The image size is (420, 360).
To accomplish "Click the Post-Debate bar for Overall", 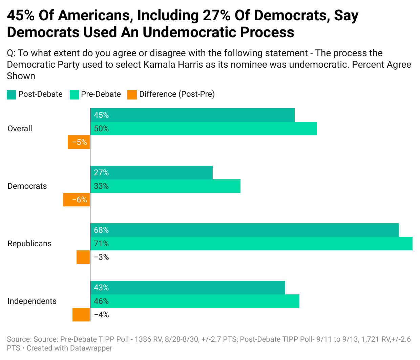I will (x=192, y=115).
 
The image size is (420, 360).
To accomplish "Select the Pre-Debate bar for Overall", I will (x=204, y=129).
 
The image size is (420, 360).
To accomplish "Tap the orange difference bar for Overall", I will (x=79, y=142).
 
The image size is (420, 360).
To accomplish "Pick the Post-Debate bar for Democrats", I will (x=151, y=173).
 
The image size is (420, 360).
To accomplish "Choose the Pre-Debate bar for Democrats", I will (x=165, y=186).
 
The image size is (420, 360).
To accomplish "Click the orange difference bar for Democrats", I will (x=77, y=200).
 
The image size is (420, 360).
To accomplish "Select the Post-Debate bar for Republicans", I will (x=245, y=230).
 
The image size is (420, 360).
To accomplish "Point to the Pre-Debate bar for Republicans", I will (x=251, y=244).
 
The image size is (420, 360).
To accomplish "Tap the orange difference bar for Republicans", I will (x=83, y=257).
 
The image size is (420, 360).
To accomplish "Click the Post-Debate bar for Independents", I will (x=188, y=288).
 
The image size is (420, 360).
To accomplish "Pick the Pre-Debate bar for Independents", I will (x=195, y=301).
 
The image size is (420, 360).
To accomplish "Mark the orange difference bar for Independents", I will (x=81, y=315).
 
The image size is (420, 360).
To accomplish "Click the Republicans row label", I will (x=29, y=244).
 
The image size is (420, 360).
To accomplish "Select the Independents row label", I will (x=32, y=301).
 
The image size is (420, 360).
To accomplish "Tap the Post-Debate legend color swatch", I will (x=12, y=95).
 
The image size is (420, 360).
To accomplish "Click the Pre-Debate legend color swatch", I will (x=74, y=95).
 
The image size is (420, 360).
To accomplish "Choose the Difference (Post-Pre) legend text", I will (x=177, y=94).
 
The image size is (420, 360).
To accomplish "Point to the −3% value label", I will (x=101, y=257).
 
